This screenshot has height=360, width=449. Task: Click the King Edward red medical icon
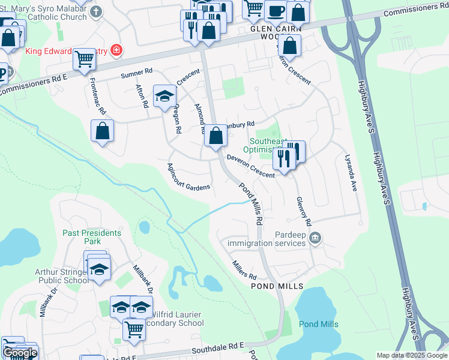pos(116,50)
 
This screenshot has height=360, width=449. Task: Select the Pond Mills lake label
pos(318,324)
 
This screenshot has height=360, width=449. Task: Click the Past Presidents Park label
pos(92,236)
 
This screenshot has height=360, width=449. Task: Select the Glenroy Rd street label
pos(303,211)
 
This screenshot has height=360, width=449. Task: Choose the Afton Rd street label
pos(142,95)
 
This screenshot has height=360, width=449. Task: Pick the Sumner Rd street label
pos(133,74)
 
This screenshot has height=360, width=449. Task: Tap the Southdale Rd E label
pos(218,348)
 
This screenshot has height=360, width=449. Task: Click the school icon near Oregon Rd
pos(164,96)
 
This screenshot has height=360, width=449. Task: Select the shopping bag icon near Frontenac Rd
pos(103,130)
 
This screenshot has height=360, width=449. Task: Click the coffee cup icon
pos(276,10)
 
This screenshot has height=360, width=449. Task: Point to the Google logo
pos(19,353)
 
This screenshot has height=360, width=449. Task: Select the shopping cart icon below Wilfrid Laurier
pos(134,328)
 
